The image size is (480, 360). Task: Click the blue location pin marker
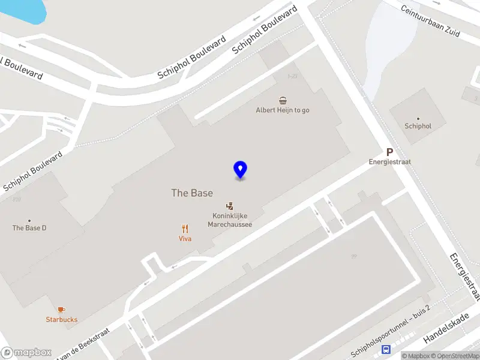(x=240, y=169)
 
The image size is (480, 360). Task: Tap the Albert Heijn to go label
(x=283, y=110)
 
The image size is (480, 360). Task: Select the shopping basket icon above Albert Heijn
(x=283, y=100)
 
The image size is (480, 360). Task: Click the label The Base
(x=192, y=193)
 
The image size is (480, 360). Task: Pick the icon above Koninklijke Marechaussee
(x=229, y=206)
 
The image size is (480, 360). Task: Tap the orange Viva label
(x=185, y=238)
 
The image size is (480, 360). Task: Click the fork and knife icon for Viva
(x=185, y=228)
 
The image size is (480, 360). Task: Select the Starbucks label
(x=62, y=319)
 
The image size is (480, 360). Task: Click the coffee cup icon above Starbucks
(x=62, y=310)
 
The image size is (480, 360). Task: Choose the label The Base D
(x=29, y=228)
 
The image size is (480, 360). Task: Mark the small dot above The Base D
(x=29, y=220)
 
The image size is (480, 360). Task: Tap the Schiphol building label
(x=418, y=126)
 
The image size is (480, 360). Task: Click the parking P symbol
(x=389, y=152)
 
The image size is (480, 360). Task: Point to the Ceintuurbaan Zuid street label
(x=430, y=23)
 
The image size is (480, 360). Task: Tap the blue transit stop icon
(x=386, y=350)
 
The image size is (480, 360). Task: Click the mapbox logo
(x=26, y=352)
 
